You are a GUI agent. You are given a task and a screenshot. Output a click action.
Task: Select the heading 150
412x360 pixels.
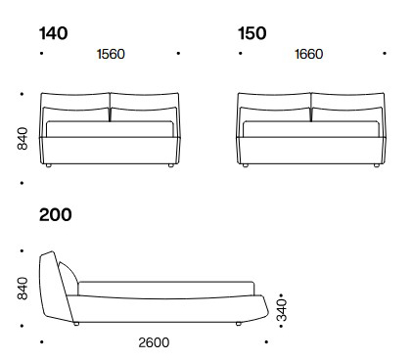[x=252, y=33]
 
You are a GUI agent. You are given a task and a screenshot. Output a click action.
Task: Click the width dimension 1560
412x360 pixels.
[x=111, y=55]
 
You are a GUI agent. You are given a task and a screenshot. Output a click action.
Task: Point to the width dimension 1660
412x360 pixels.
[x=308, y=55]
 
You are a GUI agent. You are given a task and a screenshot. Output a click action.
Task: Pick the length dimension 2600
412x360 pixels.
[x=154, y=342]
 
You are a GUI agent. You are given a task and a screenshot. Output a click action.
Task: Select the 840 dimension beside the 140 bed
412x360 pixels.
[x=23, y=138]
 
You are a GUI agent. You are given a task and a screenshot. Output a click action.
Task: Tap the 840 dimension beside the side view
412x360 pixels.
[x=23, y=288]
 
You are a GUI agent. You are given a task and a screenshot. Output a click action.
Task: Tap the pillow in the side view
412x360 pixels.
[x=68, y=278]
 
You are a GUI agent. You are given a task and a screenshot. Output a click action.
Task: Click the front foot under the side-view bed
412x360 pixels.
[x=239, y=323]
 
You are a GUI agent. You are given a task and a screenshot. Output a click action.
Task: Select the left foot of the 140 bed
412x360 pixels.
[x=50, y=166]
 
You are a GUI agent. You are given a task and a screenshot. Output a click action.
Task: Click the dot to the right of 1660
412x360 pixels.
[x=385, y=55]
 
